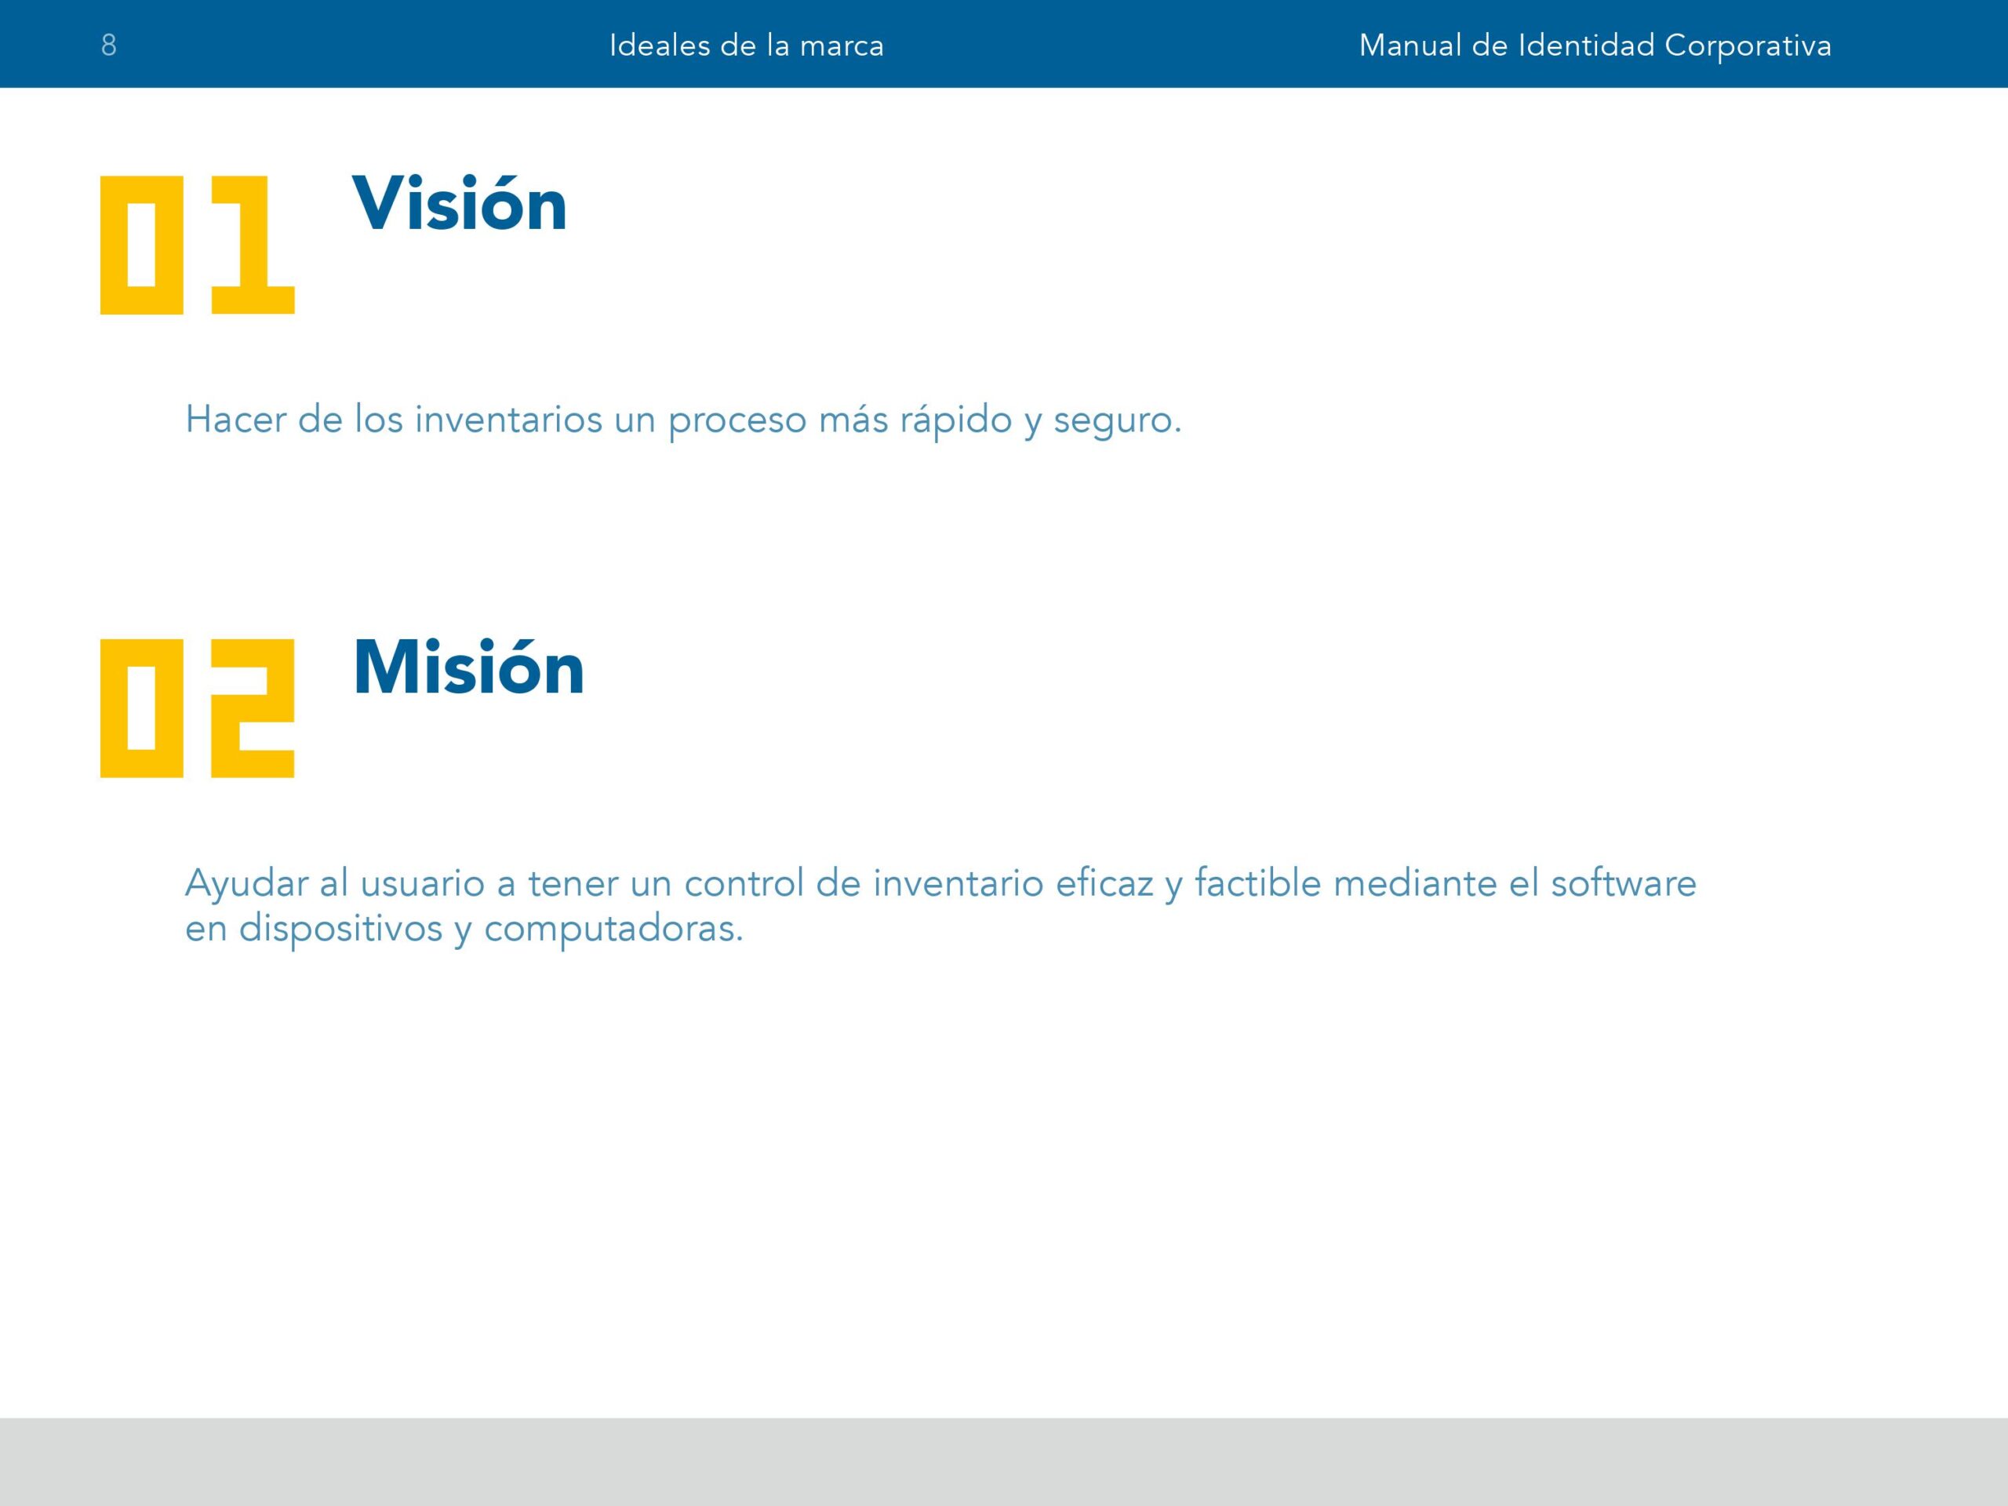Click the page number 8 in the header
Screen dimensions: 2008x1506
point(109,45)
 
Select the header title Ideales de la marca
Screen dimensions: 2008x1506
point(746,45)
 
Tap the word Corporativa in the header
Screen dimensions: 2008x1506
point(1748,46)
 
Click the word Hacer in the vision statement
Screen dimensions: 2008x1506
point(235,420)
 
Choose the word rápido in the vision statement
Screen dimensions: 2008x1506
point(955,420)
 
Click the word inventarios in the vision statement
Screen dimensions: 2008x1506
point(508,420)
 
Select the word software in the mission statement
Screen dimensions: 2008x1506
point(1623,882)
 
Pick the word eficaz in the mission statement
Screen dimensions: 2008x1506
point(1104,882)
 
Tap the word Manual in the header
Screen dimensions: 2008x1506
point(1409,45)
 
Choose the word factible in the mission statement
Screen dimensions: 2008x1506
point(1257,882)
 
